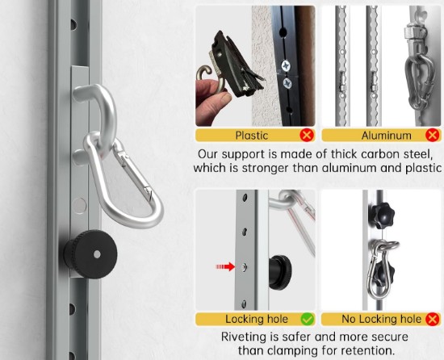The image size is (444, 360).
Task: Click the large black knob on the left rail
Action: pyautogui.click(x=90, y=254)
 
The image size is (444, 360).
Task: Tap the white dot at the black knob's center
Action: pyautogui.click(x=97, y=254)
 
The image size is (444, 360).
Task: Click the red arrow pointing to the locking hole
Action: pyautogui.click(x=225, y=266)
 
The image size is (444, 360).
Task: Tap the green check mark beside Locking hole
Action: pyautogui.click(x=308, y=320)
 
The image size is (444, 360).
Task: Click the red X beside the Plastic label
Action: pyautogui.click(x=307, y=136)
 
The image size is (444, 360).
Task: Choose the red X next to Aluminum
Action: pyautogui.click(x=433, y=135)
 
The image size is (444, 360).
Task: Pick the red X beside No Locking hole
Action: pyautogui.click(x=433, y=320)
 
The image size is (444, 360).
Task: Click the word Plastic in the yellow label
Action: pyautogui.click(x=251, y=136)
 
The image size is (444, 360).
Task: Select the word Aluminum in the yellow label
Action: pyautogui.click(x=386, y=136)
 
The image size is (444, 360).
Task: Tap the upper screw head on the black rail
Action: pyautogui.click(x=286, y=66)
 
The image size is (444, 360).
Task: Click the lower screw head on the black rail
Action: pyautogui.click(x=288, y=83)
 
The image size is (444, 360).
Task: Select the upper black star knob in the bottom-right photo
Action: pyautogui.click(x=381, y=216)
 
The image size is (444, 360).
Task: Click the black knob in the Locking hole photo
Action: pyautogui.click(x=280, y=273)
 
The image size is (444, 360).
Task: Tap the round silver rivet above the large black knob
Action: pyautogui.click(x=79, y=206)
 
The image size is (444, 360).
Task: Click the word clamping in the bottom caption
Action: pyautogui.click(x=295, y=351)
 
